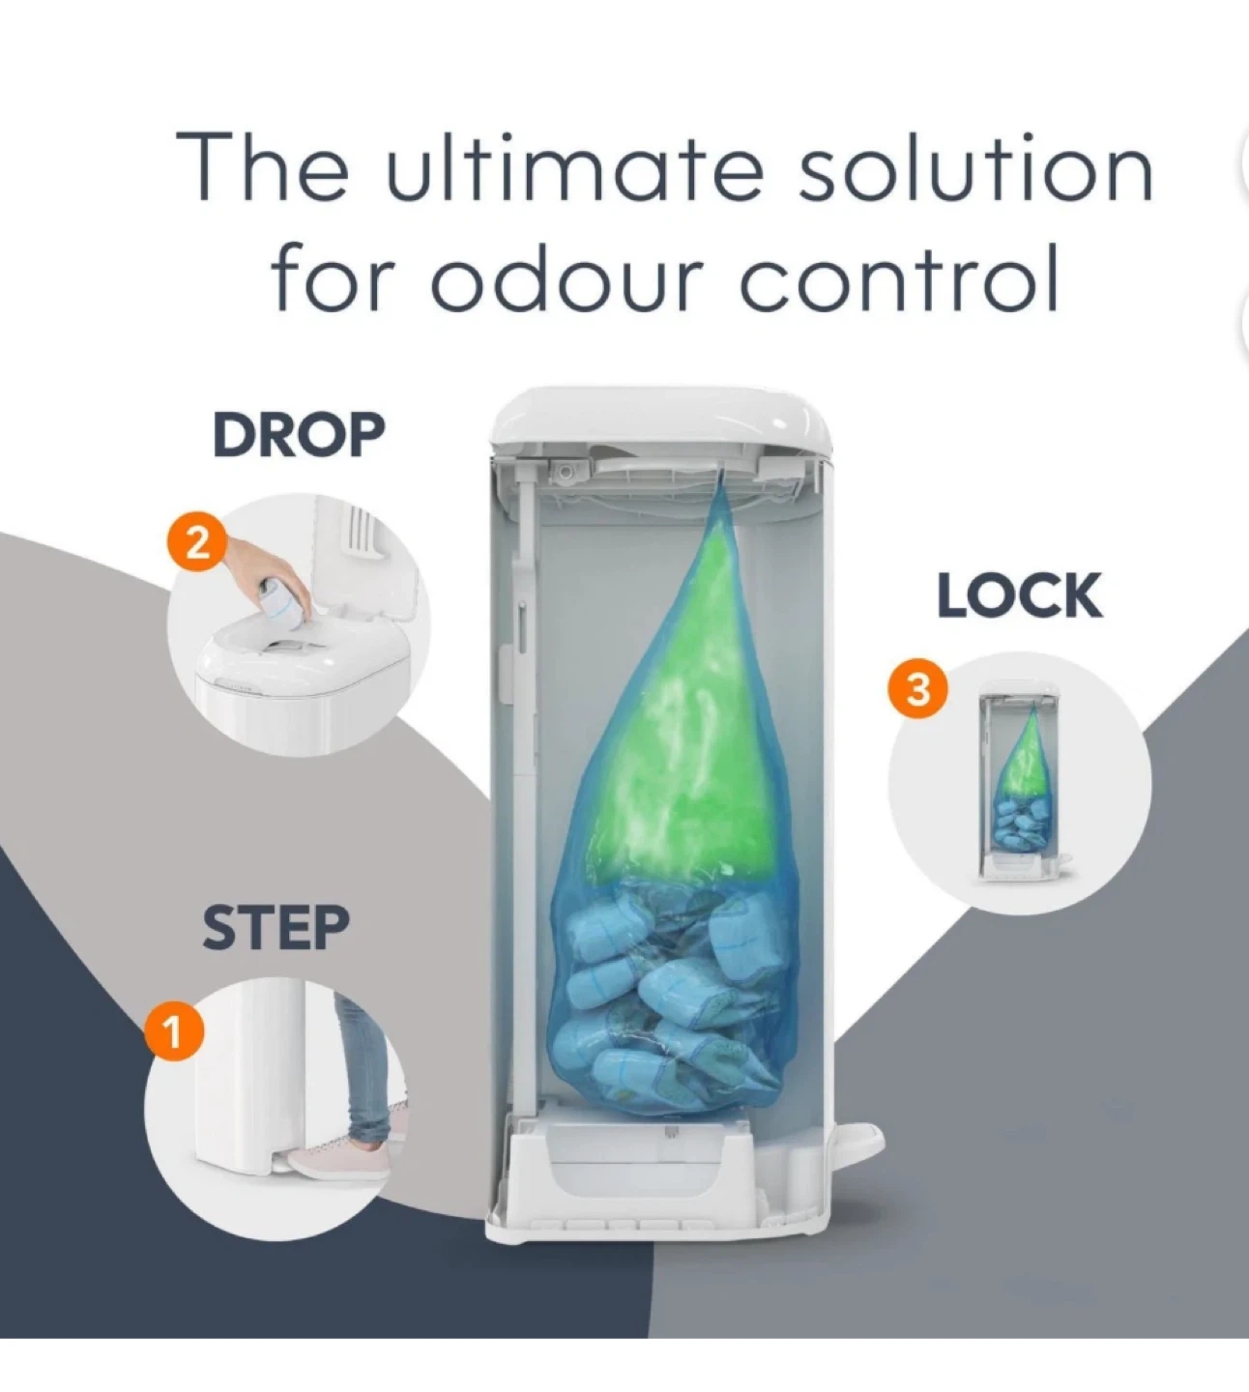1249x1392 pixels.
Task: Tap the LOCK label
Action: (1020, 595)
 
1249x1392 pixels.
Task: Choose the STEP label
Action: (276, 927)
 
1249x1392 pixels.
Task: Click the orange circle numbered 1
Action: (174, 1032)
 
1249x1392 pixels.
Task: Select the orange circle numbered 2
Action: (197, 544)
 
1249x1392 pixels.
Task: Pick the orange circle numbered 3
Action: (917, 690)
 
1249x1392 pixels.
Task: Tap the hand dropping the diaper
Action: (268, 571)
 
